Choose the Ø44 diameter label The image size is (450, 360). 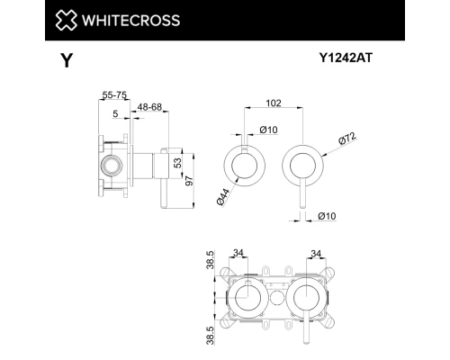221,194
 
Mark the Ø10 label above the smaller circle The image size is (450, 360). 267,131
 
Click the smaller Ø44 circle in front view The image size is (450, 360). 243,164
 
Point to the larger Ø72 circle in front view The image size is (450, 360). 304,164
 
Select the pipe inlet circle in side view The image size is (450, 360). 112,165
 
